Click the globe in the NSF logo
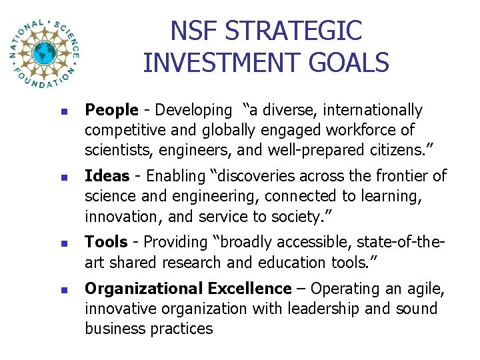pos(45,53)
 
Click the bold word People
pos(111,110)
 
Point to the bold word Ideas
pos(107,176)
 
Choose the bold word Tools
pos(106,243)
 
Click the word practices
pos(179,329)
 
